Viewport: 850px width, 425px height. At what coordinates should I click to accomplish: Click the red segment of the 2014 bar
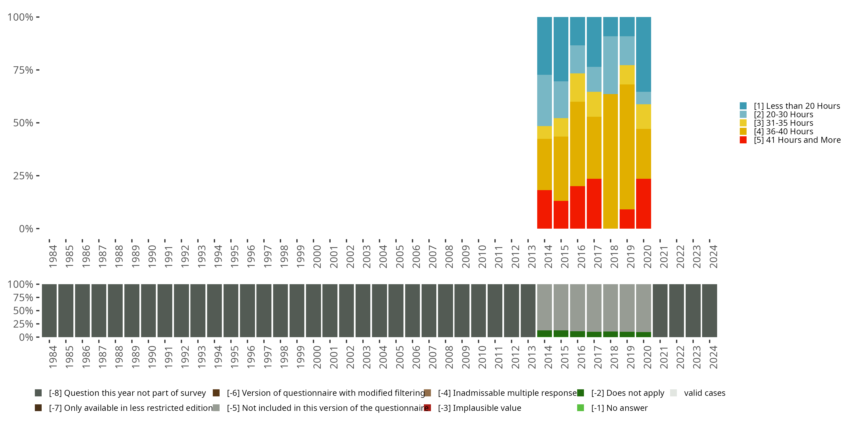545,209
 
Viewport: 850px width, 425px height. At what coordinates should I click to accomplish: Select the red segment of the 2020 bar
643,204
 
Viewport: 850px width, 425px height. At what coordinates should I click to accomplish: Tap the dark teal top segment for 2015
561,49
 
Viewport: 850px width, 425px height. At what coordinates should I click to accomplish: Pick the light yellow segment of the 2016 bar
577,88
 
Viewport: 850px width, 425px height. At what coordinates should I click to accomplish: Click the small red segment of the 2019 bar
627,219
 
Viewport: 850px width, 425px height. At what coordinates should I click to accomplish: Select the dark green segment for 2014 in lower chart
545,333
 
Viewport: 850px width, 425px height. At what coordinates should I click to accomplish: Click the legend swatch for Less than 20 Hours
743,106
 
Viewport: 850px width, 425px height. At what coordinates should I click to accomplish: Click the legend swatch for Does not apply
581,393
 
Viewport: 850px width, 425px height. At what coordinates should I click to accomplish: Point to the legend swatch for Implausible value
427,408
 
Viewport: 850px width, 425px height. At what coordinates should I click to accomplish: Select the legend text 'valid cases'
704,393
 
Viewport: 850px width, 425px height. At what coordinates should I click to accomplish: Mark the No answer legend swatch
581,408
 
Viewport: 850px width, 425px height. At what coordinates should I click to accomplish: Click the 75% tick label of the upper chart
23,70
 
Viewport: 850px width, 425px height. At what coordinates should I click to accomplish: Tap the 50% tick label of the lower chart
23,311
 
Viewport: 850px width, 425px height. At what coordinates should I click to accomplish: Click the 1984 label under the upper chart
53,256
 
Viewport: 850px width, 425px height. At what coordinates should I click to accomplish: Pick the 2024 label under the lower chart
713,357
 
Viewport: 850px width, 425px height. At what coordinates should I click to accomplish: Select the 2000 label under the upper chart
317,256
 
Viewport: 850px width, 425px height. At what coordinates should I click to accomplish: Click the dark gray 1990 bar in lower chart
148,311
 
